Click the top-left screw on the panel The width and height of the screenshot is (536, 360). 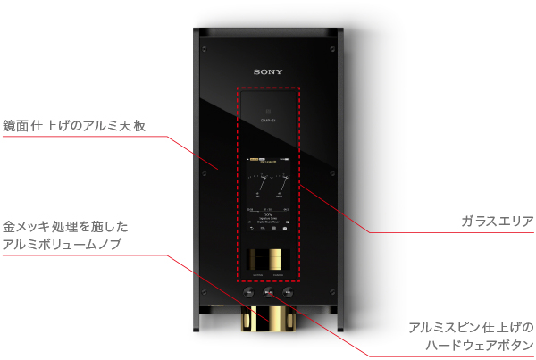point(204,47)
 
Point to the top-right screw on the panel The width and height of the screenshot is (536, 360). point(332,47)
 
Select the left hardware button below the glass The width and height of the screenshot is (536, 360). point(249,292)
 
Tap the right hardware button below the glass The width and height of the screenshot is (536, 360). point(288,292)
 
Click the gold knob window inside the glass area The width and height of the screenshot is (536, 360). point(268,259)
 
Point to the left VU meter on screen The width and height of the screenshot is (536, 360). point(257,184)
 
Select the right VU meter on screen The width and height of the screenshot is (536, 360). point(280,184)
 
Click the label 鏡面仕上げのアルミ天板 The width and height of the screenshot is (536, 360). point(74,125)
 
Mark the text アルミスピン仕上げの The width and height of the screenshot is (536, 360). point(471,327)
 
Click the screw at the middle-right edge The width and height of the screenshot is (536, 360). point(332,172)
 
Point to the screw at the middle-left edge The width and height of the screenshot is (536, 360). point(204,172)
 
